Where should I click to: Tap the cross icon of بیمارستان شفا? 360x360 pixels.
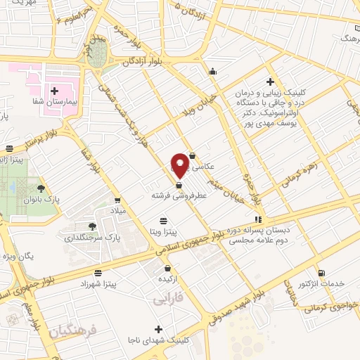click(x=55, y=91)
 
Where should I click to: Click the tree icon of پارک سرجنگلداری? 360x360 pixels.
click(x=92, y=226)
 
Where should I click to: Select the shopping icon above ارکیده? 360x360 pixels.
click(x=167, y=268)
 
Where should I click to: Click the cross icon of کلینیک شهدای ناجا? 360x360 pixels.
click(x=158, y=329)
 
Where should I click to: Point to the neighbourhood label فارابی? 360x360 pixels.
click(x=167, y=299)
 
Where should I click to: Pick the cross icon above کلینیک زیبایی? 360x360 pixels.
click(x=271, y=82)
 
